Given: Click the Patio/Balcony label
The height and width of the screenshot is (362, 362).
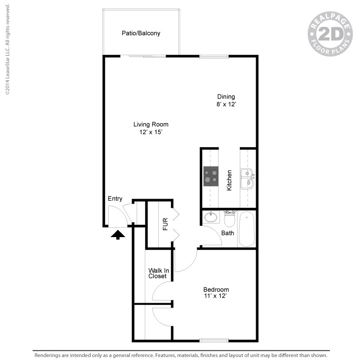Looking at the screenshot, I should pyautogui.click(x=141, y=33).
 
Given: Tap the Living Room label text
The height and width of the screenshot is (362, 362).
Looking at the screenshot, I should pyautogui.click(x=151, y=124).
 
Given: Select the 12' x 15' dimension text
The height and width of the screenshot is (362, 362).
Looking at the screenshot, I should pyautogui.click(x=151, y=132).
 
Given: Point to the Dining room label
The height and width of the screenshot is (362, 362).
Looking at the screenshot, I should pyautogui.click(x=226, y=96).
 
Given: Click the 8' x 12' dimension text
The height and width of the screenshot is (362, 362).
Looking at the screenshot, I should pyautogui.click(x=226, y=104).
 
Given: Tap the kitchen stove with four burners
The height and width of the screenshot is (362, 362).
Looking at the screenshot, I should pyautogui.click(x=210, y=176).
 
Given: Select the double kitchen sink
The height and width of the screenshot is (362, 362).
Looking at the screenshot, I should pyautogui.click(x=247, y=178).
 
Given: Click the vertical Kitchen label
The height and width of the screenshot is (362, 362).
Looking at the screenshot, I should pyautogui.click(x=229, y=180).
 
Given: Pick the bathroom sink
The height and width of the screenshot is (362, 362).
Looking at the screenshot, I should pyautogui.click(x=210, y=217).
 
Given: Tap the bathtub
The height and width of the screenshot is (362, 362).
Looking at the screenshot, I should pyautogui.click(x=247, y=229).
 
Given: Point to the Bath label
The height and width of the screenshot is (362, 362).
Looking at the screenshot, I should pyautogui.click(x=228, y=233).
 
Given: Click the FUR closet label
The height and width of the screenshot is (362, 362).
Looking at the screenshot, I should pyautogui.click(x=165, y=224).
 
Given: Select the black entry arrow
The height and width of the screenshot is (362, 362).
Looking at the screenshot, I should pyautogui.click(x=118, y=234).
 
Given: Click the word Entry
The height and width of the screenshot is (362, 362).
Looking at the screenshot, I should pyautogui.click(x=115, y=199).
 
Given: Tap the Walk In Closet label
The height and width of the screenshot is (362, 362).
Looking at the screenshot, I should pyautogui.click(x=157, y=273).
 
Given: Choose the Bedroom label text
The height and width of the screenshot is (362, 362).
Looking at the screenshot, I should pyautogui.click(x=216, y=290).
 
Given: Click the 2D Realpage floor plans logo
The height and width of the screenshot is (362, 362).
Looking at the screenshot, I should pyautogui.click(x=330, y=34).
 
